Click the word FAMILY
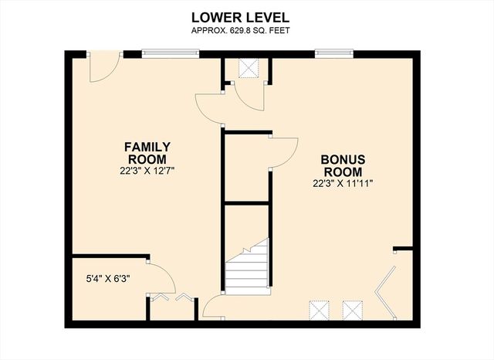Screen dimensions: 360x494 click(x=148, y=146)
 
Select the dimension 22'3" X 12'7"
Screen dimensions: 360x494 click(x=148, y=171)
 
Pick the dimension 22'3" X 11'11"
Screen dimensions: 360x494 click(x=343, y=184)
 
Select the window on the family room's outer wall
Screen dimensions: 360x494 click(x=171, y=53)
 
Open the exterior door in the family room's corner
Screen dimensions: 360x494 click(x=103, y=68)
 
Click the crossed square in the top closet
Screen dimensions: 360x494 click(x=248, y=68)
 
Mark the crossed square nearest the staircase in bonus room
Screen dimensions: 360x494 click(x=319, y=311)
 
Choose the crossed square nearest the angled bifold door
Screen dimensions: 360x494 click(x=353, y=311)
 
